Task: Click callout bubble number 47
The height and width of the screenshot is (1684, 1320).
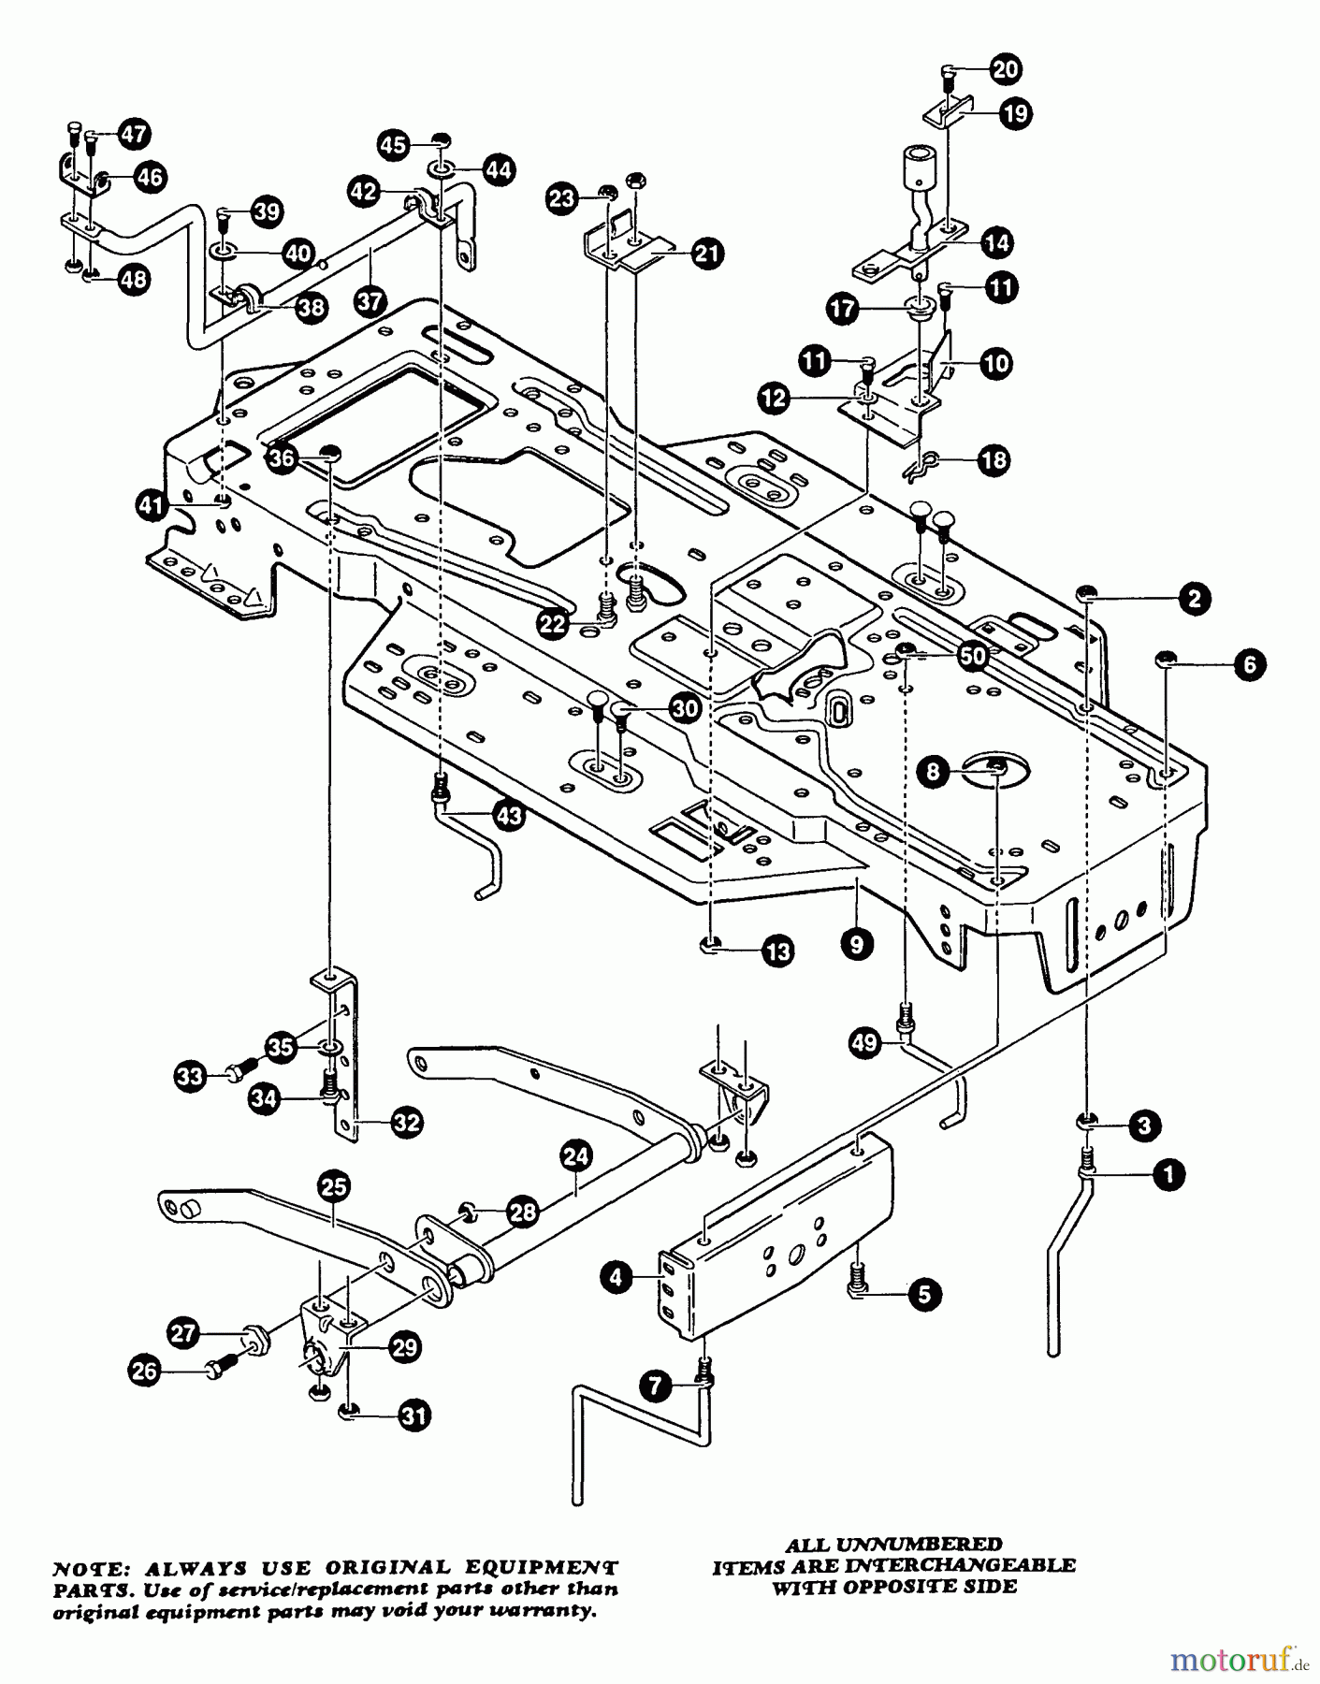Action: [x=134, y=135]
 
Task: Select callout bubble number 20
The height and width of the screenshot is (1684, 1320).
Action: [x=1006, y=69]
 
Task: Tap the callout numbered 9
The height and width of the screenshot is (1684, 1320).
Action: [x=857, y=944]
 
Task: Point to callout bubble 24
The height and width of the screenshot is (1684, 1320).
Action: [x=576, y=1156]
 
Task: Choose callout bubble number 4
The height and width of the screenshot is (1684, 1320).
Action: [x=616, y=1278]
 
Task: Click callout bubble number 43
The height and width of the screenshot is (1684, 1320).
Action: [x=508, y=816]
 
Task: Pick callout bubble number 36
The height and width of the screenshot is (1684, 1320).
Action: [x=281, y=457]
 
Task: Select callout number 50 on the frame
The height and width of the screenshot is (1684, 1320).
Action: [x=974, y=656]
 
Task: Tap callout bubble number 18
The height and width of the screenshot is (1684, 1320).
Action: [x=994, y=459]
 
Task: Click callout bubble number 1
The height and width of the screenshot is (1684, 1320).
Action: [x=1169, y=1174]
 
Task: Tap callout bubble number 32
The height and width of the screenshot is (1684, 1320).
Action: [x=406, y=1122]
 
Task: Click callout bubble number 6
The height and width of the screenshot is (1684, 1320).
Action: [x=1250, y=665]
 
